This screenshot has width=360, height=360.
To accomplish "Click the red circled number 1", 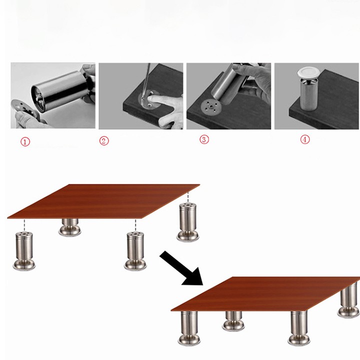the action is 25,141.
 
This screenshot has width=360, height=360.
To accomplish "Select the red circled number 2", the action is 104,140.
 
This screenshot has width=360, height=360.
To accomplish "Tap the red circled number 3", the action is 204,139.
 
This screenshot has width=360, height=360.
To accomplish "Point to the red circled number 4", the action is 305,139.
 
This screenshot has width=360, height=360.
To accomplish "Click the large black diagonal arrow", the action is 181,268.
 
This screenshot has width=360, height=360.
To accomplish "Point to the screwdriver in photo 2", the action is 146,82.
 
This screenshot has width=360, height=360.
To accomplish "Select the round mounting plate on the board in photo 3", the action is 211,107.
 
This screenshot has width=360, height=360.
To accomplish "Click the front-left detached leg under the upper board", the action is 24,251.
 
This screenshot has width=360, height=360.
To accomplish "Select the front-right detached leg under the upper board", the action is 135,251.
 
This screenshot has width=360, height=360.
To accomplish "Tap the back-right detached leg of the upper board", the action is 188,222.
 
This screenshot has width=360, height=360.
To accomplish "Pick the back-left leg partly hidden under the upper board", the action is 70,227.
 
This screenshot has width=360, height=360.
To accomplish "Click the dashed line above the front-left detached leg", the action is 24,225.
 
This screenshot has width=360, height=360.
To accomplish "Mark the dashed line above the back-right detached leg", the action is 188,197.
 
